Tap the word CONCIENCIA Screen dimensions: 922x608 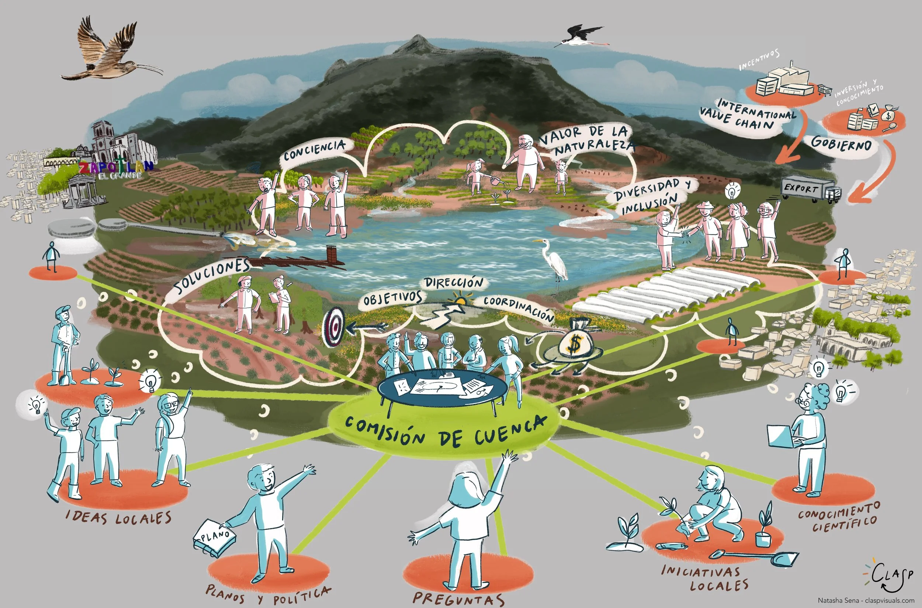[314, 150]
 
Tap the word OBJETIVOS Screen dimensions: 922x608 [392, 298]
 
